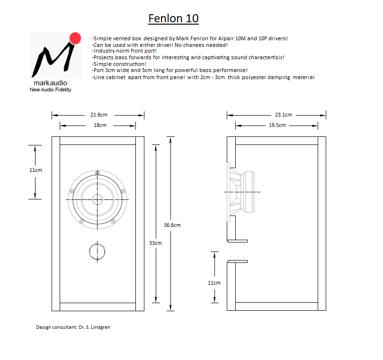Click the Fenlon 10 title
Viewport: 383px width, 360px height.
tap(173, 18)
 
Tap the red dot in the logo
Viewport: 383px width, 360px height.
tap(75, 38)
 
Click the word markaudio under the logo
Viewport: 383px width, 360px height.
tap(50, 83)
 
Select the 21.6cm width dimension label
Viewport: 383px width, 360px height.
tap(99, 115)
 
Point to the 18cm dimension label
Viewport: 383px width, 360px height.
tap(100, 125)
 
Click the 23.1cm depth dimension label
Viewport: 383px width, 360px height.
tap(283, 115)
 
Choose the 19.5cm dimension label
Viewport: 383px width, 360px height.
tap(277, 125)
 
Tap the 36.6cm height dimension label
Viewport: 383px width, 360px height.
tap(172, 225)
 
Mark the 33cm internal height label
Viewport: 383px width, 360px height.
tap(155, 243)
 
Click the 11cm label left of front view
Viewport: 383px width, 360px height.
tap(36, 170)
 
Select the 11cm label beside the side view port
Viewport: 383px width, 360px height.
tap(214, 283)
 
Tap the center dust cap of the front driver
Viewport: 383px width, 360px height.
tap(97, 199)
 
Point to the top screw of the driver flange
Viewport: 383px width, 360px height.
tap(98, 172)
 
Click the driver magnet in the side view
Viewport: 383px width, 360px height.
tap(249, 192)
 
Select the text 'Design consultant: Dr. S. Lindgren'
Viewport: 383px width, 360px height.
tap(73, 327)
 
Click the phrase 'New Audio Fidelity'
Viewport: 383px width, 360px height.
tap(50, 90)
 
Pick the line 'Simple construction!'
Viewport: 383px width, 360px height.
tap(119, 64)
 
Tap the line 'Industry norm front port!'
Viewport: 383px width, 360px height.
tap(125, 51)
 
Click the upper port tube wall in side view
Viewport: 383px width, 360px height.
tap(237, 241)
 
